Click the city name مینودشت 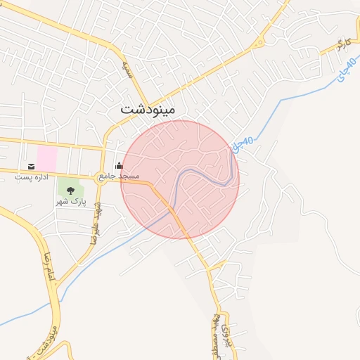pyautogui.click(x=148, y=109)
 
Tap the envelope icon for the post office pyautogui.click(x=31, y=167)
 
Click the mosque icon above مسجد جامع pyautogui.click(x=119, y=166)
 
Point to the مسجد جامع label pyautogui.click(x=119, y=175)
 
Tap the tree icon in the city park pyautogui.click(x=70, y=191)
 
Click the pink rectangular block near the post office pyautogui.click(x=47, y=155)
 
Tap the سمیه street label pyautogui.click(x=127, y=68)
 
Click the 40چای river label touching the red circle pyautogui.click(x=243, y=146)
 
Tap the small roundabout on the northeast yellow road pyautogui.click(x=259, y=41)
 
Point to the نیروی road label pyautogui.click(x=224, y=336)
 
